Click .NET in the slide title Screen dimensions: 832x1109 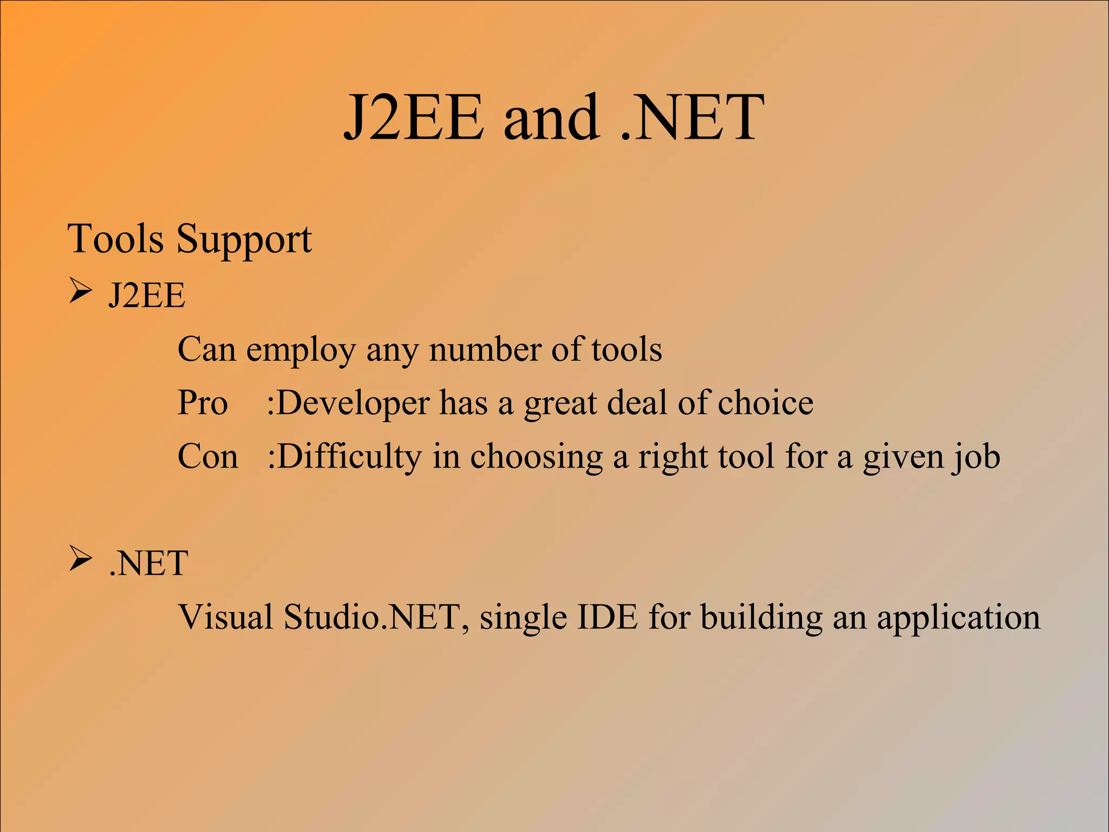pyautogui.click(x=692, y=118)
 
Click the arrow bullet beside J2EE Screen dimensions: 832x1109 pyautogui.click(x=80, y=292)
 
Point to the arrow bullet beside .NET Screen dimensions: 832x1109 pyautogui.click(x=80, y=560)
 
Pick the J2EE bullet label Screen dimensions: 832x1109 pyautogui.click(x=147, y=296)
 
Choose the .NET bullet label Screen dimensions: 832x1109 pyautogui.click(x=148, y=563)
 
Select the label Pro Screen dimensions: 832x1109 pyautogui.click(x=203, y=404)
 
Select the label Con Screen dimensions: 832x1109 pyautogui.click(x=208, y=457)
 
